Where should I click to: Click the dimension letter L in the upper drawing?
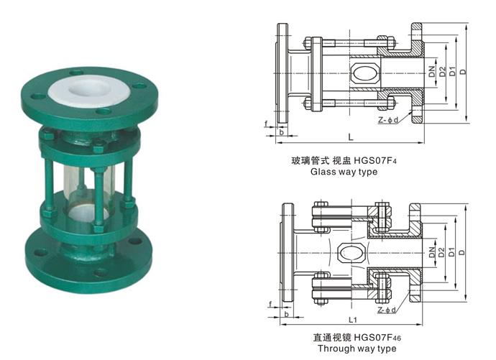349,136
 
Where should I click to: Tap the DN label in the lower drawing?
431,252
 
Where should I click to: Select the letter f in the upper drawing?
266,124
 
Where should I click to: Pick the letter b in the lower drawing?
287,314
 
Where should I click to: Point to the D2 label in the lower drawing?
441,252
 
